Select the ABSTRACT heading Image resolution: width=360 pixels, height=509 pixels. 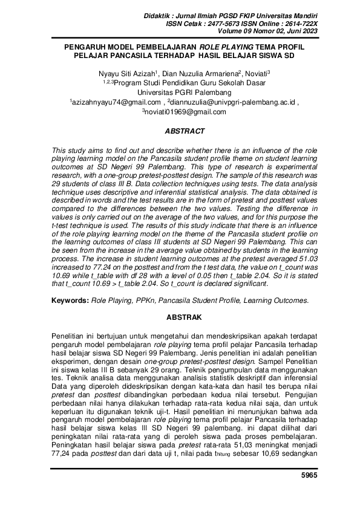185,131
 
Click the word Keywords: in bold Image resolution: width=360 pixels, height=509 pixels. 70,300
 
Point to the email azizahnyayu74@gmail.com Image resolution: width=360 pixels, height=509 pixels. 116,103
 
